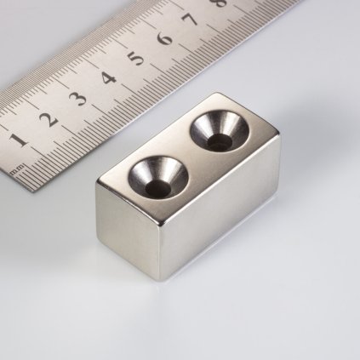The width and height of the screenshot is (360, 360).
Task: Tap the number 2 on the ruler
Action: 49,118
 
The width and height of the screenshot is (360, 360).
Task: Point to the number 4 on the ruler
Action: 108,78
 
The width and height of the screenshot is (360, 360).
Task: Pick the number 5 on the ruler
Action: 135,59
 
